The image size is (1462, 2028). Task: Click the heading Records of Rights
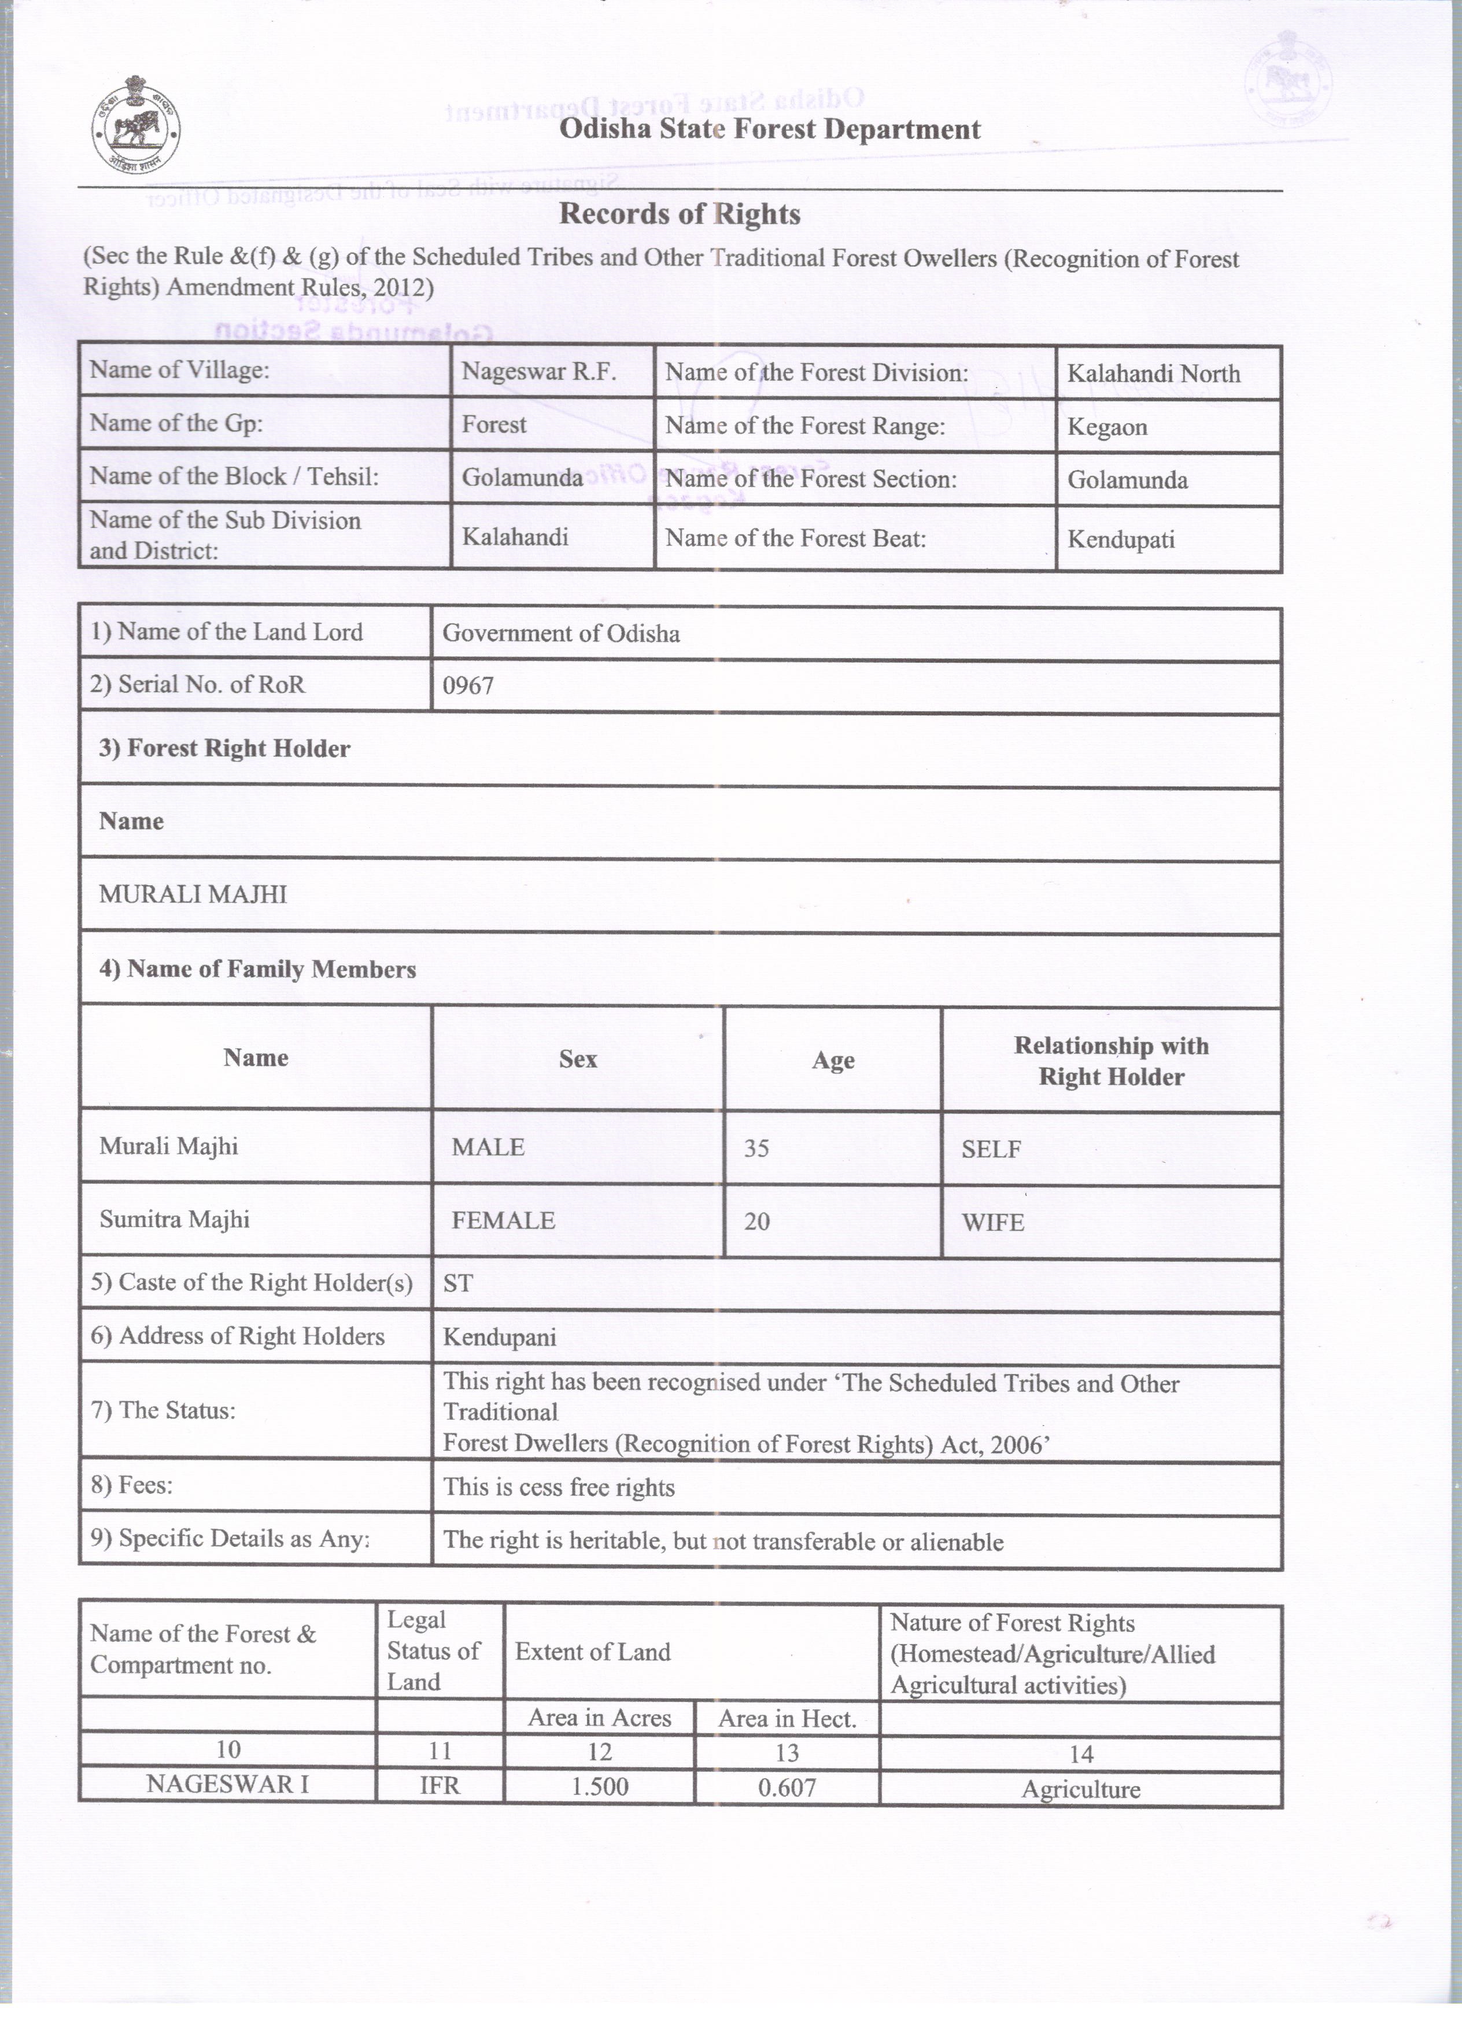pos(680,215)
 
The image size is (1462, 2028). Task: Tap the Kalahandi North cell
pos(1154,374)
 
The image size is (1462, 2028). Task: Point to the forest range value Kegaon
pos(1107,427)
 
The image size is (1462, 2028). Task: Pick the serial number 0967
pos(468,686)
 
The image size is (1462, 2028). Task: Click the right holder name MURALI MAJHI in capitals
pos(193,895)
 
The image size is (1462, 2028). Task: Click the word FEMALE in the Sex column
pos(503,1221)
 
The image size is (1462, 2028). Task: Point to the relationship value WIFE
pos(992,1222)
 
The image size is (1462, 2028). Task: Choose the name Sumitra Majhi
pos(175,1220)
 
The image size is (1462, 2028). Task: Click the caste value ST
pos(458,1284)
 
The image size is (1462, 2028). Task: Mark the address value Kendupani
pos(500,1338)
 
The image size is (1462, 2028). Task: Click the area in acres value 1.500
pos(599,1787)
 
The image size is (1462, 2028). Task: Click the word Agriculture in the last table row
pos(1080,1789)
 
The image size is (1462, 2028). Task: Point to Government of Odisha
pos(560,634)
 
